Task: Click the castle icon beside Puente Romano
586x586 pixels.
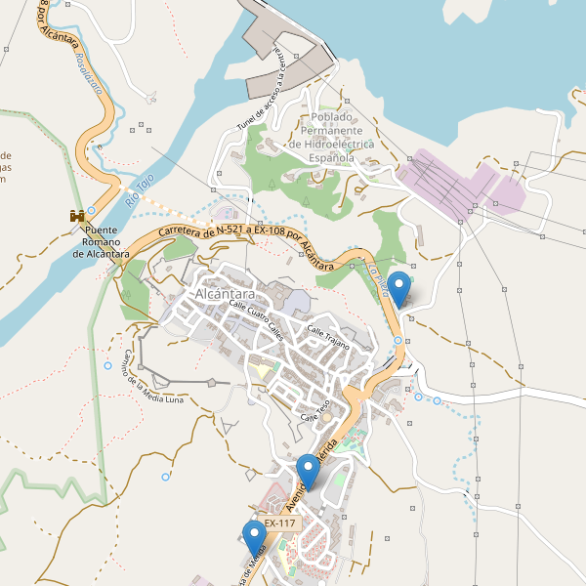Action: click(x=74, y=215)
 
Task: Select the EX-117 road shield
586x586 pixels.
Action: click(x=279, y=523)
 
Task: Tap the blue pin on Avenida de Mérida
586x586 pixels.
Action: click(x=309, y=472)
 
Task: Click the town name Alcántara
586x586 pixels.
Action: click(x=225, y=294)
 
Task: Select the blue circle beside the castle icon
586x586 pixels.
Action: click(x=92, y=210)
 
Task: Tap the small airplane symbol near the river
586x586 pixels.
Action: click(x=151, y=97)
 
